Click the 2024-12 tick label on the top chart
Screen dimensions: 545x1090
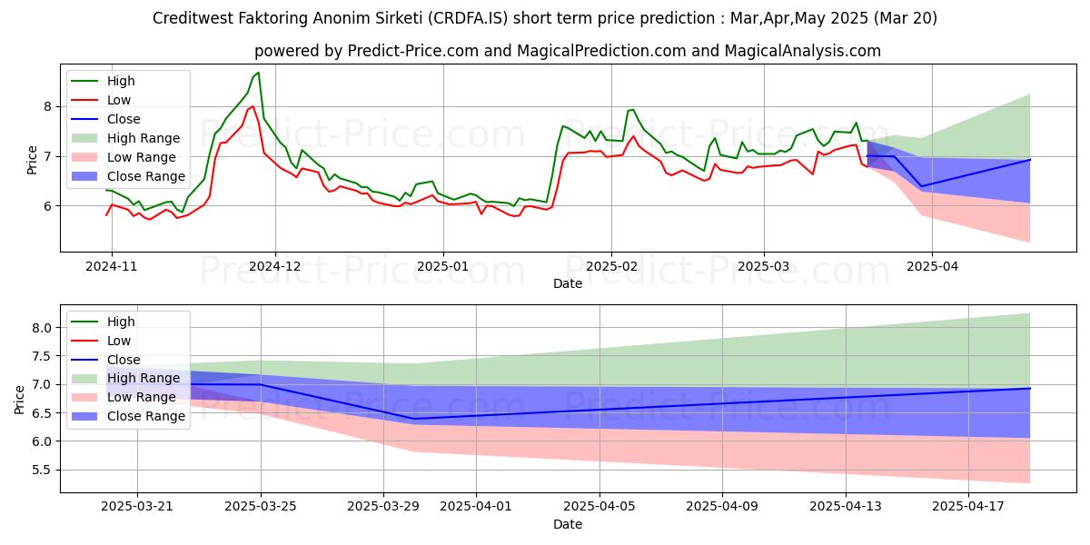click(275, 266)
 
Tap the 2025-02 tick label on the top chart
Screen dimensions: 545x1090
click(610, 266)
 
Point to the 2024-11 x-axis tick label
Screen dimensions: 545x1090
click(112, 266)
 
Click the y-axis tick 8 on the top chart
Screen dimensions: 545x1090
click(46, 106)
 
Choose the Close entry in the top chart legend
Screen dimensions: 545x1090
click(124, 119)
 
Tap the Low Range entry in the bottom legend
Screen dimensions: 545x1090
click(141, 397)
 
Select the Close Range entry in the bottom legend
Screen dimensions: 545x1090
click(145, 416)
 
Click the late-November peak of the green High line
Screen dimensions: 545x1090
click(258, 73)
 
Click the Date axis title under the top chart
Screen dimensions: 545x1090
click(568, 283)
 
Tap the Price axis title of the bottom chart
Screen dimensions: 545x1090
click(19, 399)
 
